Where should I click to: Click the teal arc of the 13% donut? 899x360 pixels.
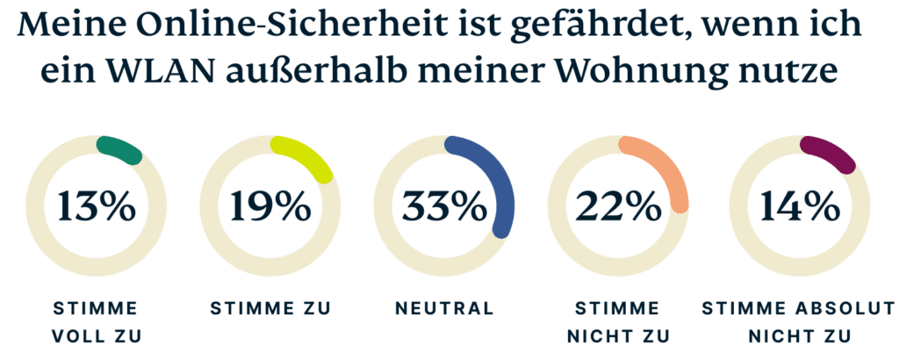tap(120, 150)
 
